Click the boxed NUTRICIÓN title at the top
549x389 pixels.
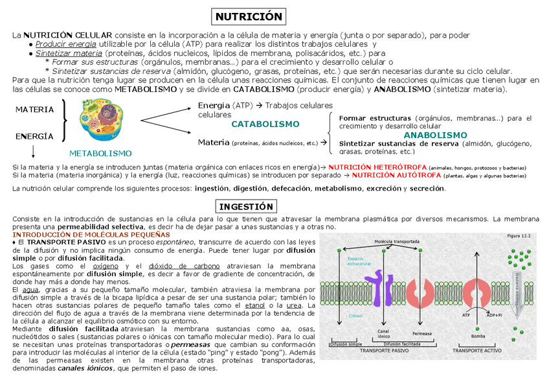pyautogui.click(x=249, y=16)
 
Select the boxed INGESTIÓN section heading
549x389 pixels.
pyautogui.click(x=247, y=206)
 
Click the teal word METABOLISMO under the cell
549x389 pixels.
pyautogui.click(x=100, y=153)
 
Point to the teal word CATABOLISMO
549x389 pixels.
pyautogui.click(x=265, y=124)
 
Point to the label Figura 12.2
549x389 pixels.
pyautogui.click(x=518, y=237)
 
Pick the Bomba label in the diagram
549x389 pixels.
pyautogui.click(x=478, y=336)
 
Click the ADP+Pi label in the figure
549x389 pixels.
pyautogui.click(x=495, y=316)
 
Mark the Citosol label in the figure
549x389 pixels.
pyautogui.click(x=337, y=316)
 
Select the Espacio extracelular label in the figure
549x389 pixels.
pyautogui.click(x=341, y=261)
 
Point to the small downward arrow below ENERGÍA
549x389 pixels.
pyautogui.click(x=32, y=150)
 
